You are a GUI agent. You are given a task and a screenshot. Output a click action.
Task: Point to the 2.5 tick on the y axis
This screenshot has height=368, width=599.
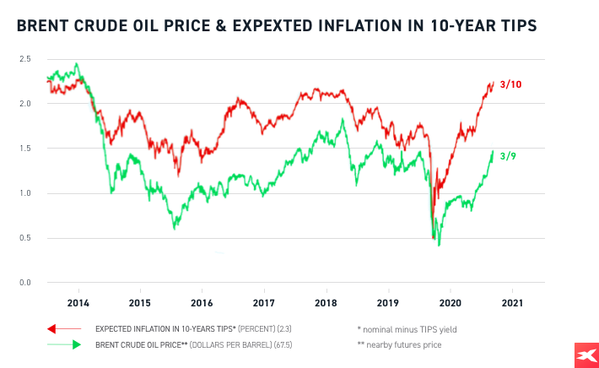point(26,59)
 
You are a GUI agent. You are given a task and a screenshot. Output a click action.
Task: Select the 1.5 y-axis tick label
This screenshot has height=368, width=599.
point(26,149)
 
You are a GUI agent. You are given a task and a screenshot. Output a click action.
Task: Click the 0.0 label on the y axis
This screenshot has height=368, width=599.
point(26,283)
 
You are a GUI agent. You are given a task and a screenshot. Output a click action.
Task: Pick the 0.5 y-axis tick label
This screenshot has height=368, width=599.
point(26,238)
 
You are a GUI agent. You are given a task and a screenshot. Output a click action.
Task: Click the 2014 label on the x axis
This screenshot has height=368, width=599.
point(78,302)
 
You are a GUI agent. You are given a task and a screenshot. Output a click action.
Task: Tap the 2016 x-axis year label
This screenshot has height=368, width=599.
point(202,302)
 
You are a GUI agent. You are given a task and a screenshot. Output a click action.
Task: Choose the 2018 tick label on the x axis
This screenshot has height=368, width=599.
point(326,302)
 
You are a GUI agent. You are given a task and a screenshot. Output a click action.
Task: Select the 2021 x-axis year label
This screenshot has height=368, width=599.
point(512,302)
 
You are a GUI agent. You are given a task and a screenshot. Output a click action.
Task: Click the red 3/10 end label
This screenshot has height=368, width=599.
point(510,85)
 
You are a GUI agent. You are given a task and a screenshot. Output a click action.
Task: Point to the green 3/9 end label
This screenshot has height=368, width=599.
point(507,156)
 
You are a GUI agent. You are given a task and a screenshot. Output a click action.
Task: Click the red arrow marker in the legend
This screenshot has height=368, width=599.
point(52,328)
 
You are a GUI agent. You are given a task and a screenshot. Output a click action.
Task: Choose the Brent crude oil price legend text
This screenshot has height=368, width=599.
point(197,344)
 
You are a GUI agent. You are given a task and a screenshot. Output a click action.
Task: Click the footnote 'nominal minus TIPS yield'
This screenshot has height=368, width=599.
point(408,328)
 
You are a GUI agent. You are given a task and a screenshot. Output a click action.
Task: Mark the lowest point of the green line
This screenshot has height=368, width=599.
point(439,245)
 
